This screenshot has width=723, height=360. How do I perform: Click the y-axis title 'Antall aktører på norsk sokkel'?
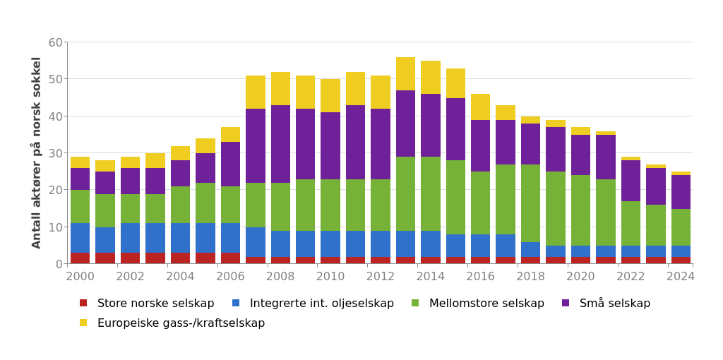pyautogui.click(x=37, y=152)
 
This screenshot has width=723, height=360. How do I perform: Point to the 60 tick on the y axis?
pyautogui.click(x=55, y=42)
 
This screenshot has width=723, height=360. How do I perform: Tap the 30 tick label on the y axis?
pyautogui.click(x=55, y=153)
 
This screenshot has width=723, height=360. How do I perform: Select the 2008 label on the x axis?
pyautogui.click(x=280, y=277)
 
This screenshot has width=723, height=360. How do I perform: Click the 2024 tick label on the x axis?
pyautogui.click(x=681, y=277)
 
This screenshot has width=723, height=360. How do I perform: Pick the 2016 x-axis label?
pyautogui.click(x=480, y=277)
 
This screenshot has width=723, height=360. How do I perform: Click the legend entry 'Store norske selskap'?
pyautogui.click(x=155, y=304)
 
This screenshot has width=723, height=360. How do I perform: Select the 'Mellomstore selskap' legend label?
pyautogui.click(x=486, y=304)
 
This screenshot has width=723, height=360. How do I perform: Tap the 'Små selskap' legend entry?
pyautogui.click(x=614, y=304)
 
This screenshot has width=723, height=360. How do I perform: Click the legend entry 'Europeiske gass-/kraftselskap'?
pyautogui.click(x=181, y=323)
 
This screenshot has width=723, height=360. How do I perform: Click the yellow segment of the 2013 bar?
pyautogui.click(x=405, y=74)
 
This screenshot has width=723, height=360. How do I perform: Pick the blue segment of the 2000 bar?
pyautogui.click(x=80, y=238)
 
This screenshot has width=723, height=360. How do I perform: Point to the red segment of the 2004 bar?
pyautogui.click(x=180, y=258)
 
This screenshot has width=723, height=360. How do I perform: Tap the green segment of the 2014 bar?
pyautogui.click(x=431, y=193)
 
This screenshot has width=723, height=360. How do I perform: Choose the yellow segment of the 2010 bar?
pyautogui.click(x=330, y=96)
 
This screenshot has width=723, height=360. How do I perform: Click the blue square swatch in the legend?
pyautogui.click(x=237, y=304)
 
